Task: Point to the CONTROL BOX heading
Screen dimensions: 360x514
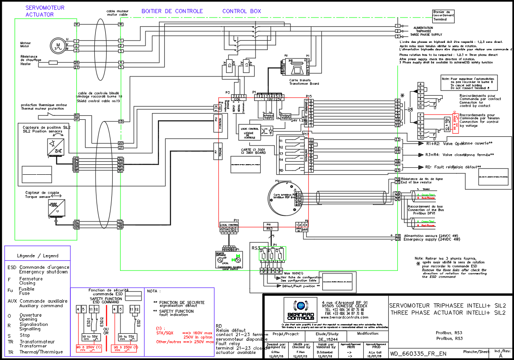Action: click(241, 11)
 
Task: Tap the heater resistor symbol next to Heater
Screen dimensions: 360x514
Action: click(53, 62)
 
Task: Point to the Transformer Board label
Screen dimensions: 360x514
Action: click(304, 83)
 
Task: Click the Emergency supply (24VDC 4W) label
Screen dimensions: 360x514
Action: click(431, 239)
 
